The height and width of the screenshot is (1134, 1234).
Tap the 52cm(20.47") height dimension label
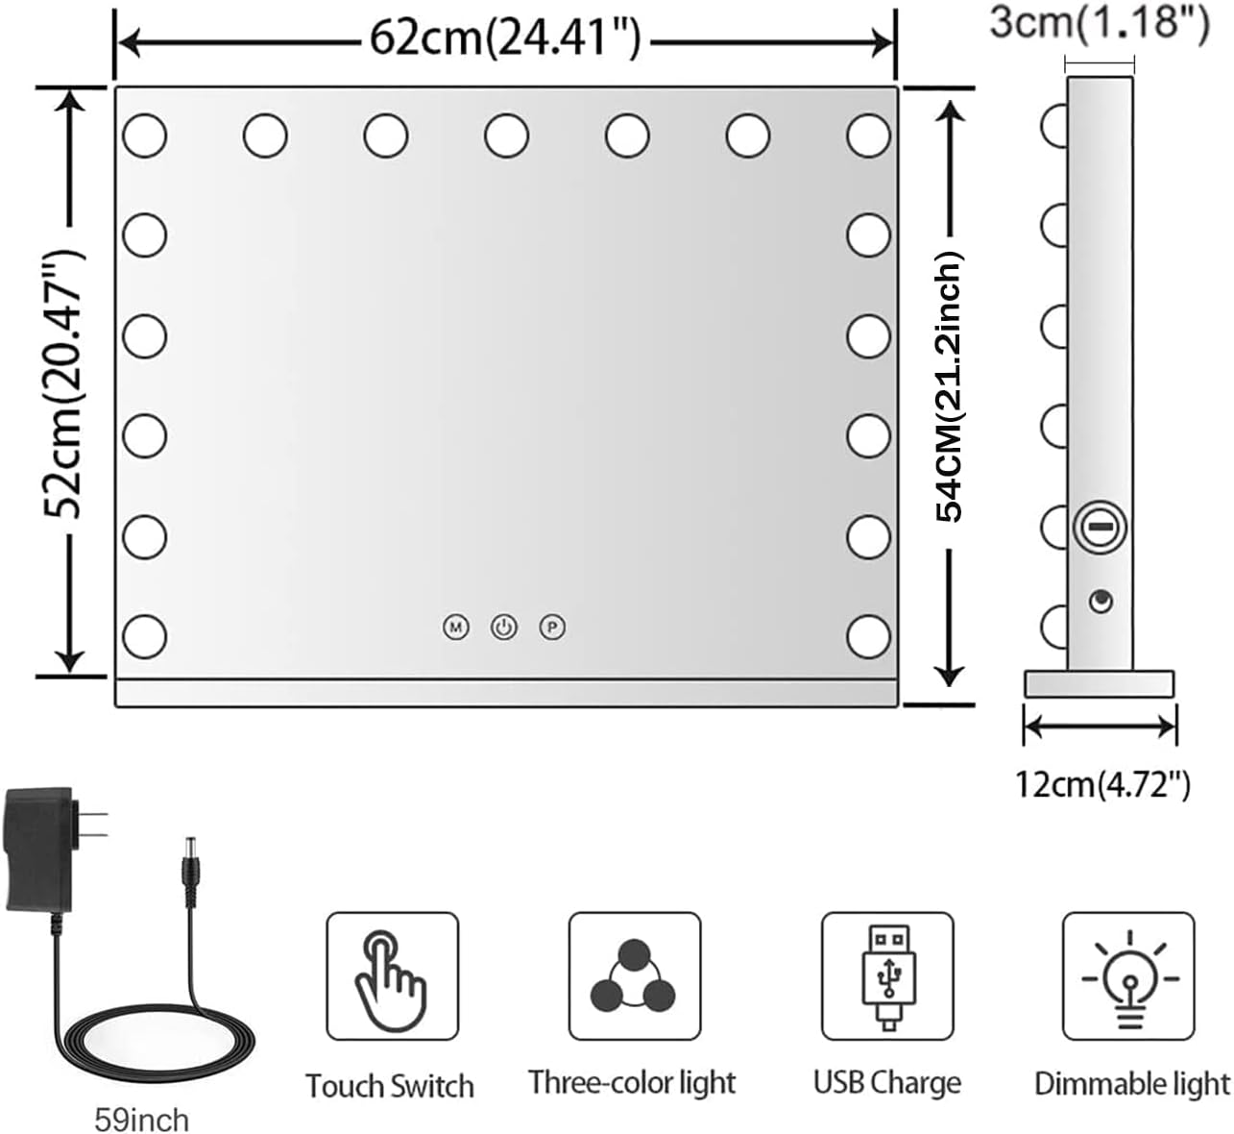65,382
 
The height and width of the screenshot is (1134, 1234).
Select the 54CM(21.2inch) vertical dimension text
950,386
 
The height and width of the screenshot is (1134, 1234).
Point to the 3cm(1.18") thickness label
1100,21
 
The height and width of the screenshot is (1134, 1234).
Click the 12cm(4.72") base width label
1102,785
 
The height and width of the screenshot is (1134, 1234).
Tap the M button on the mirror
455,628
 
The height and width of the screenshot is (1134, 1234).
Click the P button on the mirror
552,628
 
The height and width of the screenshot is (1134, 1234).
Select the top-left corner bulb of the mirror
144,136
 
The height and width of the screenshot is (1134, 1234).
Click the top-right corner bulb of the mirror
868,136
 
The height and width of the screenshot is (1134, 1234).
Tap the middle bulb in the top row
506,136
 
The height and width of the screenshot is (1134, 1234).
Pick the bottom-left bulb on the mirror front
144,636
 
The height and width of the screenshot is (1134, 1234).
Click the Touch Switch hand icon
392,976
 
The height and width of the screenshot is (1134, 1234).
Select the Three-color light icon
634,976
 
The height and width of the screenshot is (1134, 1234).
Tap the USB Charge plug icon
886,976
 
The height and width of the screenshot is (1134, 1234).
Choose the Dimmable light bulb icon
1128,976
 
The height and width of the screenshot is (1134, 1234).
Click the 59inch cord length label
141,1120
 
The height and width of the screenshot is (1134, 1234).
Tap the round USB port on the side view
1100,602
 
